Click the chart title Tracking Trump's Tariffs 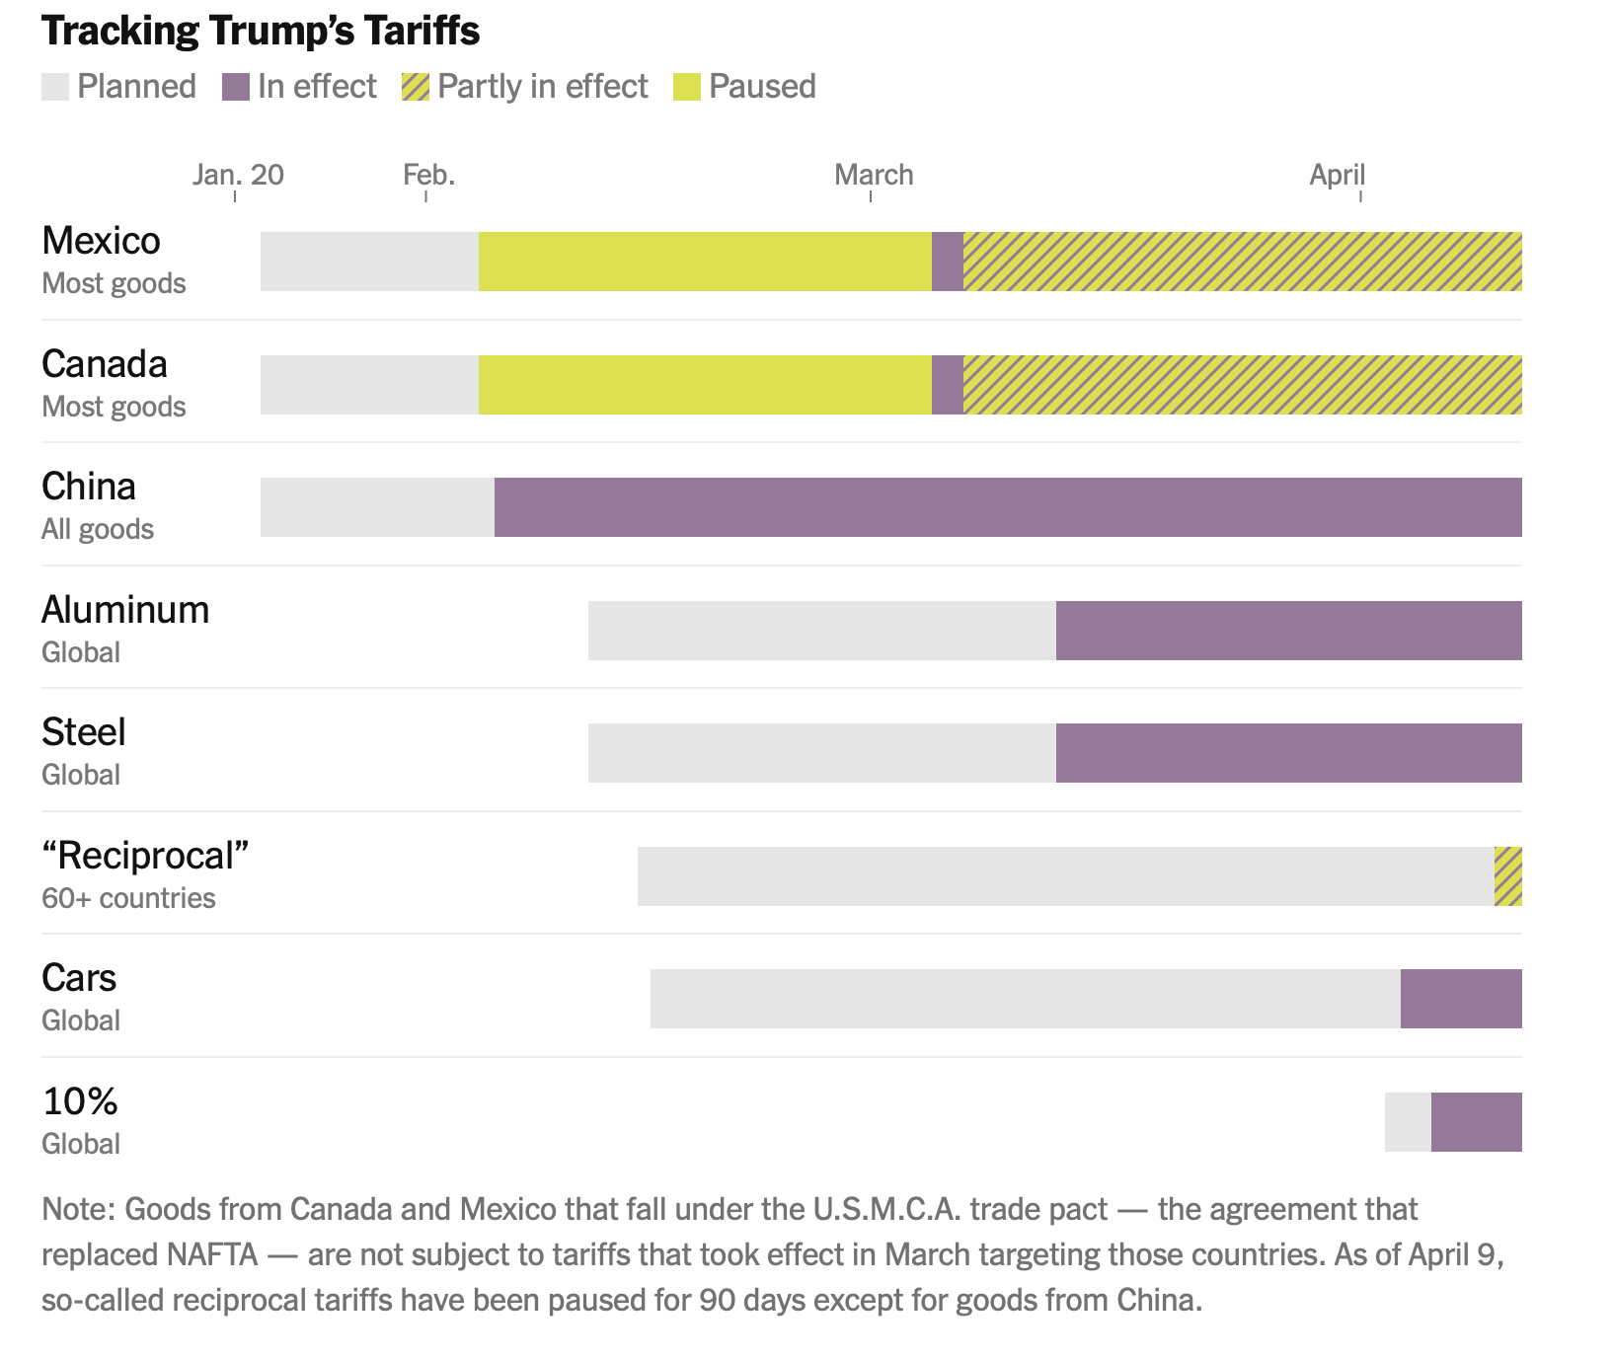pyautogui.click(x=261, y=32)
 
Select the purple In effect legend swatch pyautogui.click(x=236, y=87)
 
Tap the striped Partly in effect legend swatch pyautogui.click(x=416, y=87)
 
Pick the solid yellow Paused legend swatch pyautogui.click(x=686, y=87)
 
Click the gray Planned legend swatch pyautogui.click(x=55, y=87)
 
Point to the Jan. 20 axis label pyautogui.click(x=238, y=176)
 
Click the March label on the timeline pyautogui.click(x=874, y=176)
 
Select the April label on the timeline pyautogui.click(x=1337, y=176)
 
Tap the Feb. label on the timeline pyautogui.click(x=428, y=176)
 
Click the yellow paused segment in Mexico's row pyautogui.click(x=705, y=262)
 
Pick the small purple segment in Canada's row pyautogui.click(x=948, y=385)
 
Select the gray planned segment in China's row pyautogui.click(x=377, y=507)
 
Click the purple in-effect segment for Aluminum pyautogui.click(x=1288, y=631)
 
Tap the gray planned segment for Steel pyautogui.click(x=821, y=753)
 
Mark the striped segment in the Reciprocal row pyautogui.click(x=1507, y=876)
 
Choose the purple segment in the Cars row pyautogui.click(x=1461, y=999)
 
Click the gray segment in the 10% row pyautogui.click(x=1408, y=1122)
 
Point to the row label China pyautogui.click(x=89, y=488)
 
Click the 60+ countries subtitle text pyautogui.click(x=128, y=898)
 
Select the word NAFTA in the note pyautogui.click(x=212, y=1255)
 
